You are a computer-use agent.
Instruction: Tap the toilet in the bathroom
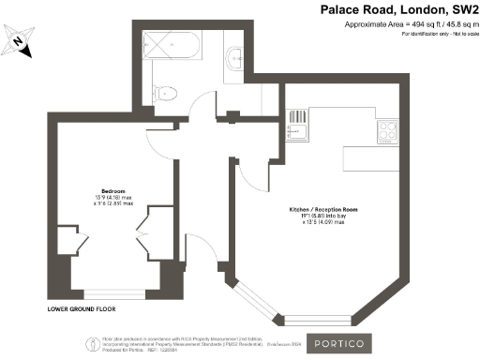[165, 90]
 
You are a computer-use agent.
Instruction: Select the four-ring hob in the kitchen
[389, 130]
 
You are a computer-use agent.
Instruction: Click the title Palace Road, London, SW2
[401, 10]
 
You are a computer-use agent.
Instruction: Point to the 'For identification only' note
[421, 35]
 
